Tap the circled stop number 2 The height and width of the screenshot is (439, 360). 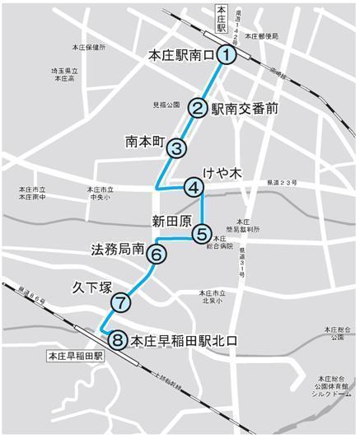(199, 107)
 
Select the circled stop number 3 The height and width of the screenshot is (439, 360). (176, 148)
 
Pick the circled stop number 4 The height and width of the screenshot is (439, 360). (194, 188)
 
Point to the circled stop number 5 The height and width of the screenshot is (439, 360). (202, 234)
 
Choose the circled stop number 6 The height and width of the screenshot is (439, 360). (157, 254)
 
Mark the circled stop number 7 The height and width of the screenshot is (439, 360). (120, 302)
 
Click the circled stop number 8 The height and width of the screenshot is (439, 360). (117, 339)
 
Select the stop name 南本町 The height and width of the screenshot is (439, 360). (145, 140)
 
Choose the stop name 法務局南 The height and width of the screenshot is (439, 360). (117, 248)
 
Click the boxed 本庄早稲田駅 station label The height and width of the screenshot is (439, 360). (74, 356)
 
